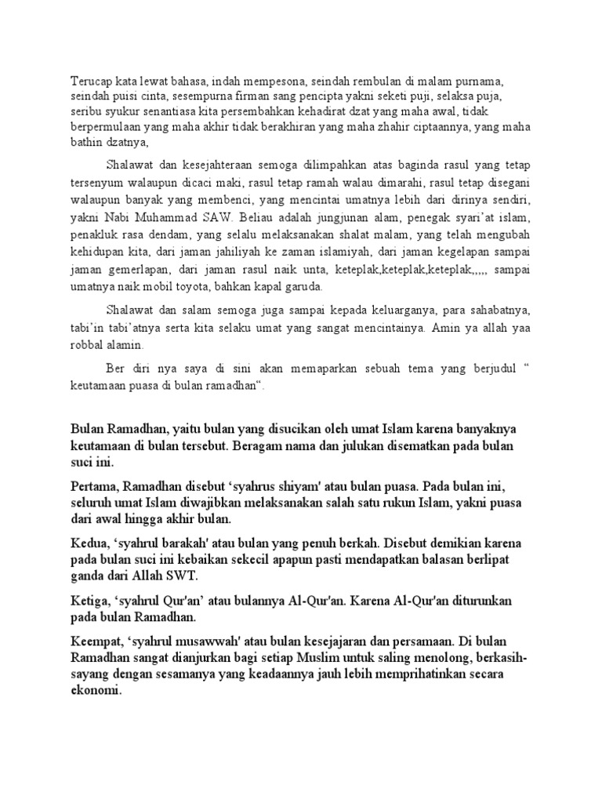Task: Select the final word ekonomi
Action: pos(96,692)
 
